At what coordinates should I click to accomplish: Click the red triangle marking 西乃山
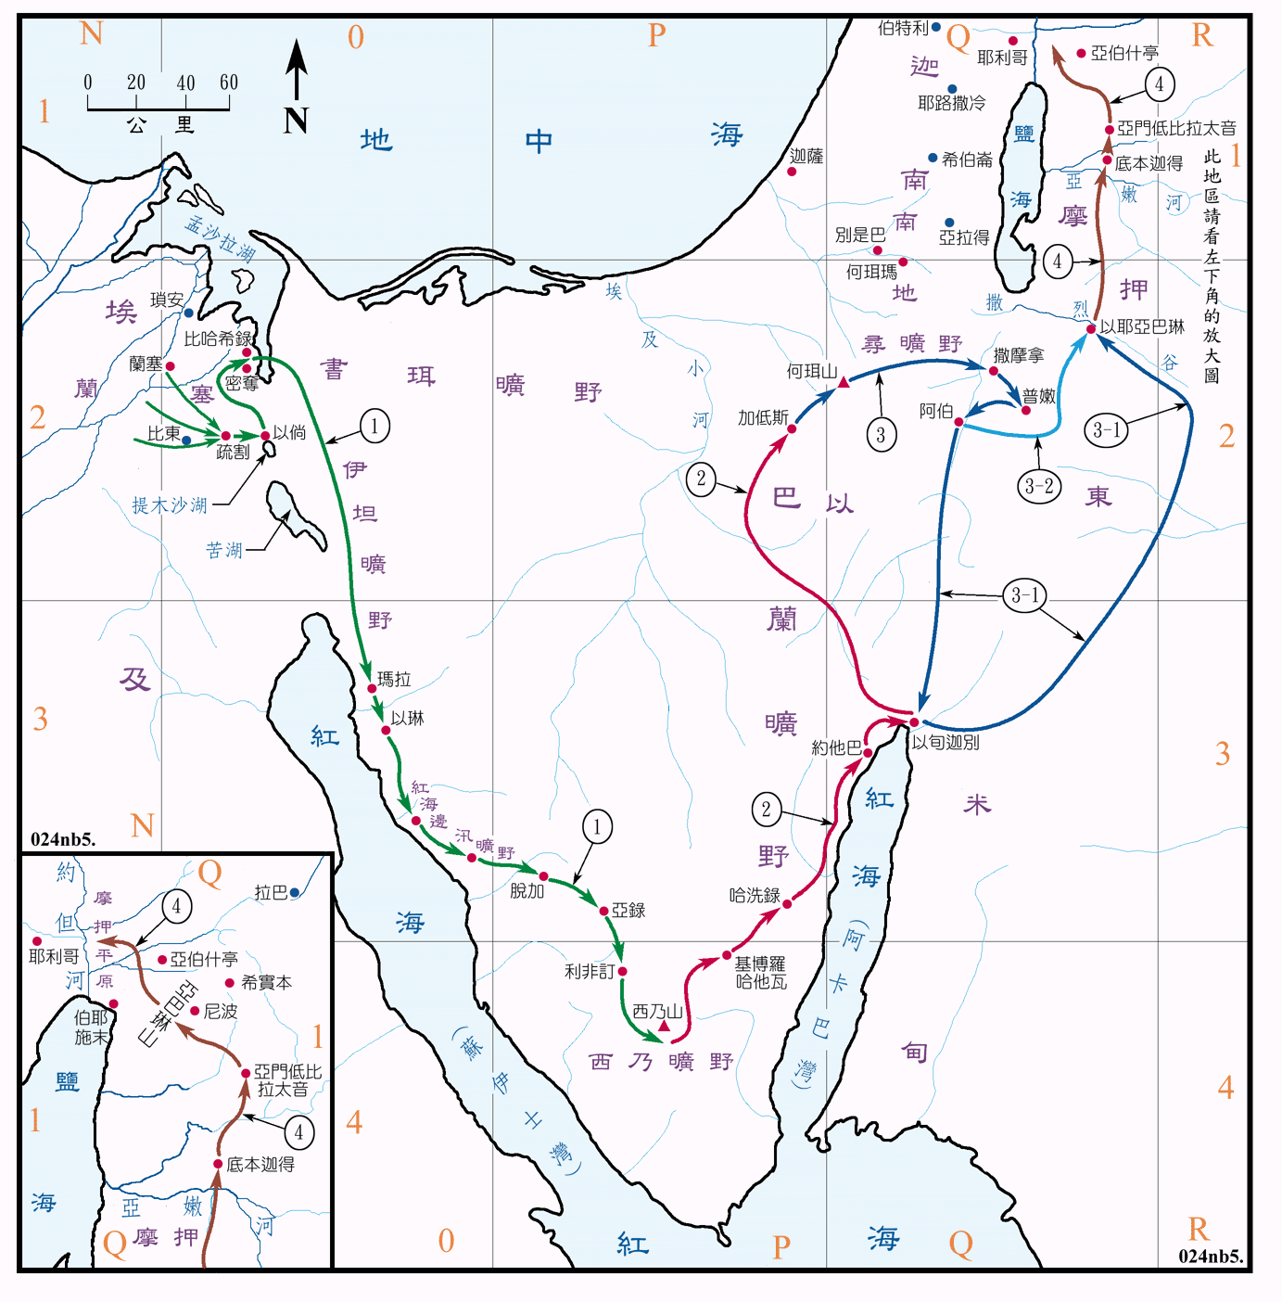(x=664, y=1026)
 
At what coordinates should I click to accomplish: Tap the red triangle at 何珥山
(x=844, y=382)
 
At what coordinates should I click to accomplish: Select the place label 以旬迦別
(x=945, y=742)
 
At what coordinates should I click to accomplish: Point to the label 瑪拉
(x=394, y=680)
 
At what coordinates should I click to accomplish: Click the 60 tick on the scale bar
(x=229, y=83)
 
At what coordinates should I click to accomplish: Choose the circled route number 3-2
(x=1039, y=486)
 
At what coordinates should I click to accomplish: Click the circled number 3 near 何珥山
(x=881, y=434)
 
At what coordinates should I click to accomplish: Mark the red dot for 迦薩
(x=793, y=172)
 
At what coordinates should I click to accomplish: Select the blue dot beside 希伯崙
(x=933, y=159)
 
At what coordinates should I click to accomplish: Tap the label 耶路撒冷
(x=952, y=103)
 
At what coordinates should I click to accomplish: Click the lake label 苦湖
(x=224, y=550)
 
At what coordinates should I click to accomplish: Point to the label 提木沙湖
(x=170, y=505)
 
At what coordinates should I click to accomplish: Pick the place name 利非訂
(x=590, y=972)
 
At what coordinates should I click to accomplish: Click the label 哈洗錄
(x=755, y=895)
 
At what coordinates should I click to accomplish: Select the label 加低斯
(x=763, y=417)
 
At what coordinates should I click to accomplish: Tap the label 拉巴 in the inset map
(x=271, y=892)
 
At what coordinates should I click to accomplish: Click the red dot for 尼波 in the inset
(x=195, y=1011)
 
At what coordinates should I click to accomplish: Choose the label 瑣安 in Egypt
(x=167, y=300)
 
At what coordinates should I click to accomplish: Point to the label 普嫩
(x=1039, y=396)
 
